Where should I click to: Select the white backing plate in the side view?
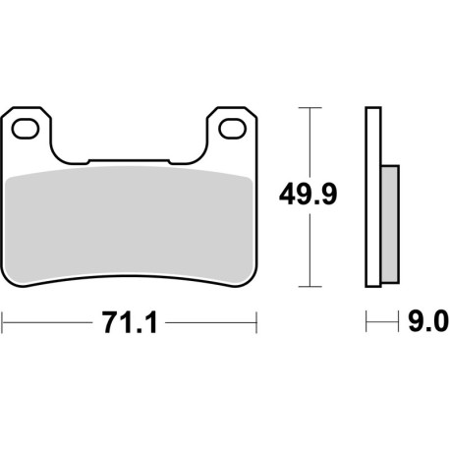371,197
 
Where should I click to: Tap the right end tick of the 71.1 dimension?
256,321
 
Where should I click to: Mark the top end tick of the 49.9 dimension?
310,106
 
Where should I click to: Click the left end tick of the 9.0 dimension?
366,321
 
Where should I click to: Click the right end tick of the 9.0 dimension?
400,321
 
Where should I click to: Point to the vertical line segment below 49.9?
310,251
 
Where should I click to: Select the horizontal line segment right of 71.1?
211,321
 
